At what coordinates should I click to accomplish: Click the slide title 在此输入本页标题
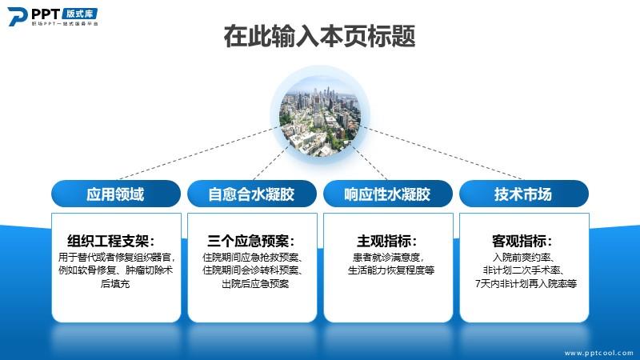[319, 36]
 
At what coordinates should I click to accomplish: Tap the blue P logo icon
[17, 17]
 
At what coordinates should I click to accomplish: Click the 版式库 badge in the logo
[80, 14]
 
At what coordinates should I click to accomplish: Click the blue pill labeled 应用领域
[116, 194]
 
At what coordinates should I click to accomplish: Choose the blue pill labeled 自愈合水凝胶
[252, 194]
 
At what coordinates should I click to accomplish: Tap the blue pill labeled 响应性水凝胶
[388, 194]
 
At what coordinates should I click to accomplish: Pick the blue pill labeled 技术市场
[524, 194]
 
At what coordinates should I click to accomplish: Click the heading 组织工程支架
[110, 241]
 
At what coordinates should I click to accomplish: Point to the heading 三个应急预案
[250, 241]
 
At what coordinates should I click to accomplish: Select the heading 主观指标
[386, 241]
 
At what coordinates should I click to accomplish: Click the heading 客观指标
[522, 241]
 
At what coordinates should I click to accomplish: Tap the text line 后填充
[115, 283]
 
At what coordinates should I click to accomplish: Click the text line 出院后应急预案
[255, 283]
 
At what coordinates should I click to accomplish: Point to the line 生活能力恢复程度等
[391, 270]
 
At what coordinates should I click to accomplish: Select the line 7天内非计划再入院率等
[526, 283]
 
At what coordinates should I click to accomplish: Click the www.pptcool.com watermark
[598, 353]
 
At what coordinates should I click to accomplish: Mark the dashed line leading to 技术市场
[442, 154]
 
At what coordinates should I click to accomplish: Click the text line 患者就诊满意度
[388, 257]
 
